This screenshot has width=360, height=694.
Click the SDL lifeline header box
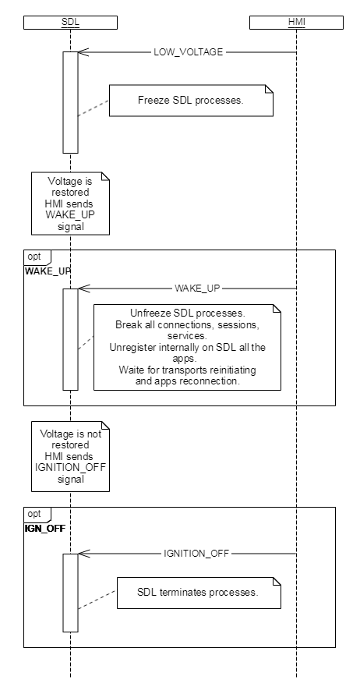[70, 23]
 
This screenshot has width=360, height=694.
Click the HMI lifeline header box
[296, 23]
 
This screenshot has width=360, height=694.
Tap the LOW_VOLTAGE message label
[189, 52]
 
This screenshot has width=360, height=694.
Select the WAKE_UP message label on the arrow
[197, 289]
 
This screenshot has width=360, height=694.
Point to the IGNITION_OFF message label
[197, 554]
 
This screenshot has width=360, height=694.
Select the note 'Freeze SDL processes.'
[191, 101]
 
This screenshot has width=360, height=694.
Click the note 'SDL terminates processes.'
[199, 593]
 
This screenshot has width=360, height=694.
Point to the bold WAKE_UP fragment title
[48, 271]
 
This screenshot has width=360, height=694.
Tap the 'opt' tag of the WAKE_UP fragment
[34, 257]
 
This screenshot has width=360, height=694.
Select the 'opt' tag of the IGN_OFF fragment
[34, 514]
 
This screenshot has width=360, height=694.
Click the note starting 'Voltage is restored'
[70, 204]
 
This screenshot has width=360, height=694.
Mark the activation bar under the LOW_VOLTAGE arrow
[70, 103]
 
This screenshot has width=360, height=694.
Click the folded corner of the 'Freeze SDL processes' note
[269, 89]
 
